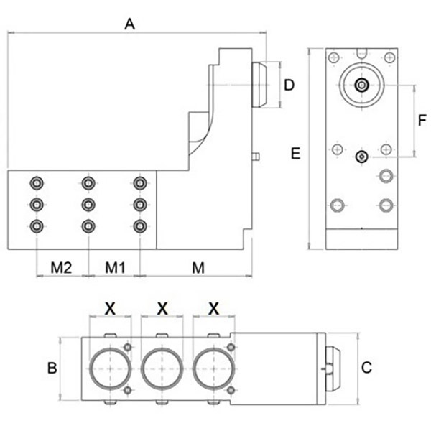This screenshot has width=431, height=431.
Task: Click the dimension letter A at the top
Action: coord(130,24)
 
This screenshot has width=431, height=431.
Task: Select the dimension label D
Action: coord(289,85)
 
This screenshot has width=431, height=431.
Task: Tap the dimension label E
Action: coord(295,154)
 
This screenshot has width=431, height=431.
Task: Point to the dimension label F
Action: coord(422,120)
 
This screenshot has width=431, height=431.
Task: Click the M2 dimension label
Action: coord(61,267)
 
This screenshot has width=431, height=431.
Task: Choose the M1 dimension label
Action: coord(115,267)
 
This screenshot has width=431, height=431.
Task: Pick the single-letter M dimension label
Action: coord(198,268)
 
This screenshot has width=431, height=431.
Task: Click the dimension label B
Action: coord(52,368)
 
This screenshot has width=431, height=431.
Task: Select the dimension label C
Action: coord(366,368)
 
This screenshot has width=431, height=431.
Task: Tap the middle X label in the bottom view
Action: coord(162,308)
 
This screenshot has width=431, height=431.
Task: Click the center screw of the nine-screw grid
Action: coord(88,205)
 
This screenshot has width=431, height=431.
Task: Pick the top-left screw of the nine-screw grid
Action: coord(37,183)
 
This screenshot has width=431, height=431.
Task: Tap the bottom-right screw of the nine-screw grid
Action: coord(140,226)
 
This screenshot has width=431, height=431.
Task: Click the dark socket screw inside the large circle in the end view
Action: coord(362,85)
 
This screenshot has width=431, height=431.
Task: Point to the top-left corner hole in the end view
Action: coord(334,57)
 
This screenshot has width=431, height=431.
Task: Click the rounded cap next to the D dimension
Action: coord(259,85)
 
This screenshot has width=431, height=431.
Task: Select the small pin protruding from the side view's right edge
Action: coord(256,157)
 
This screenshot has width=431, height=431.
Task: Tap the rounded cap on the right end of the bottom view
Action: coord(333,369)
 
